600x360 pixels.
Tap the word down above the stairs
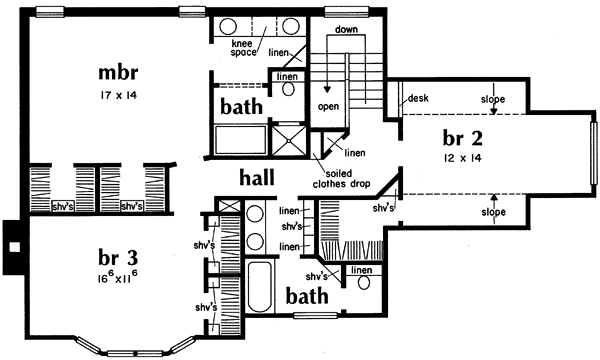pos(348,31)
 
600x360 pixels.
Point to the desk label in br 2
pos(416,99)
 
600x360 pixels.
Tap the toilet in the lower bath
pos(362,282)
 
